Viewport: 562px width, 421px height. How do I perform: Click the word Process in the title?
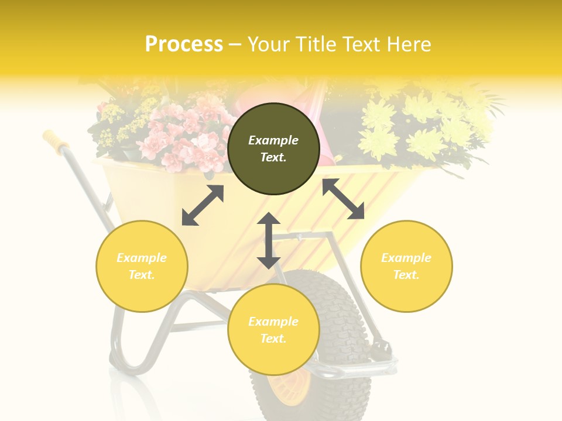coord(184,44)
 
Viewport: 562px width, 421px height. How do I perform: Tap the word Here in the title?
coord(408,44)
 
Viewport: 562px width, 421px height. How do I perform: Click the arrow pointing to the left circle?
coord(203,205)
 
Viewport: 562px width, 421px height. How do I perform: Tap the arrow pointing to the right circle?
coord(343,199)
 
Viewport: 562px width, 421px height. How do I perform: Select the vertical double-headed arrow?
coord(269,240)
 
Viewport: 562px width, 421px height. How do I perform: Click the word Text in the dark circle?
coord(273,157)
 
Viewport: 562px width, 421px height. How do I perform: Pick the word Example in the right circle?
coord(406,258)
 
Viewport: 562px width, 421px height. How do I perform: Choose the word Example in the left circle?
coord(142,258)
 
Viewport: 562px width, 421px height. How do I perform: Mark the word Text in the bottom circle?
coord(273,339)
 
